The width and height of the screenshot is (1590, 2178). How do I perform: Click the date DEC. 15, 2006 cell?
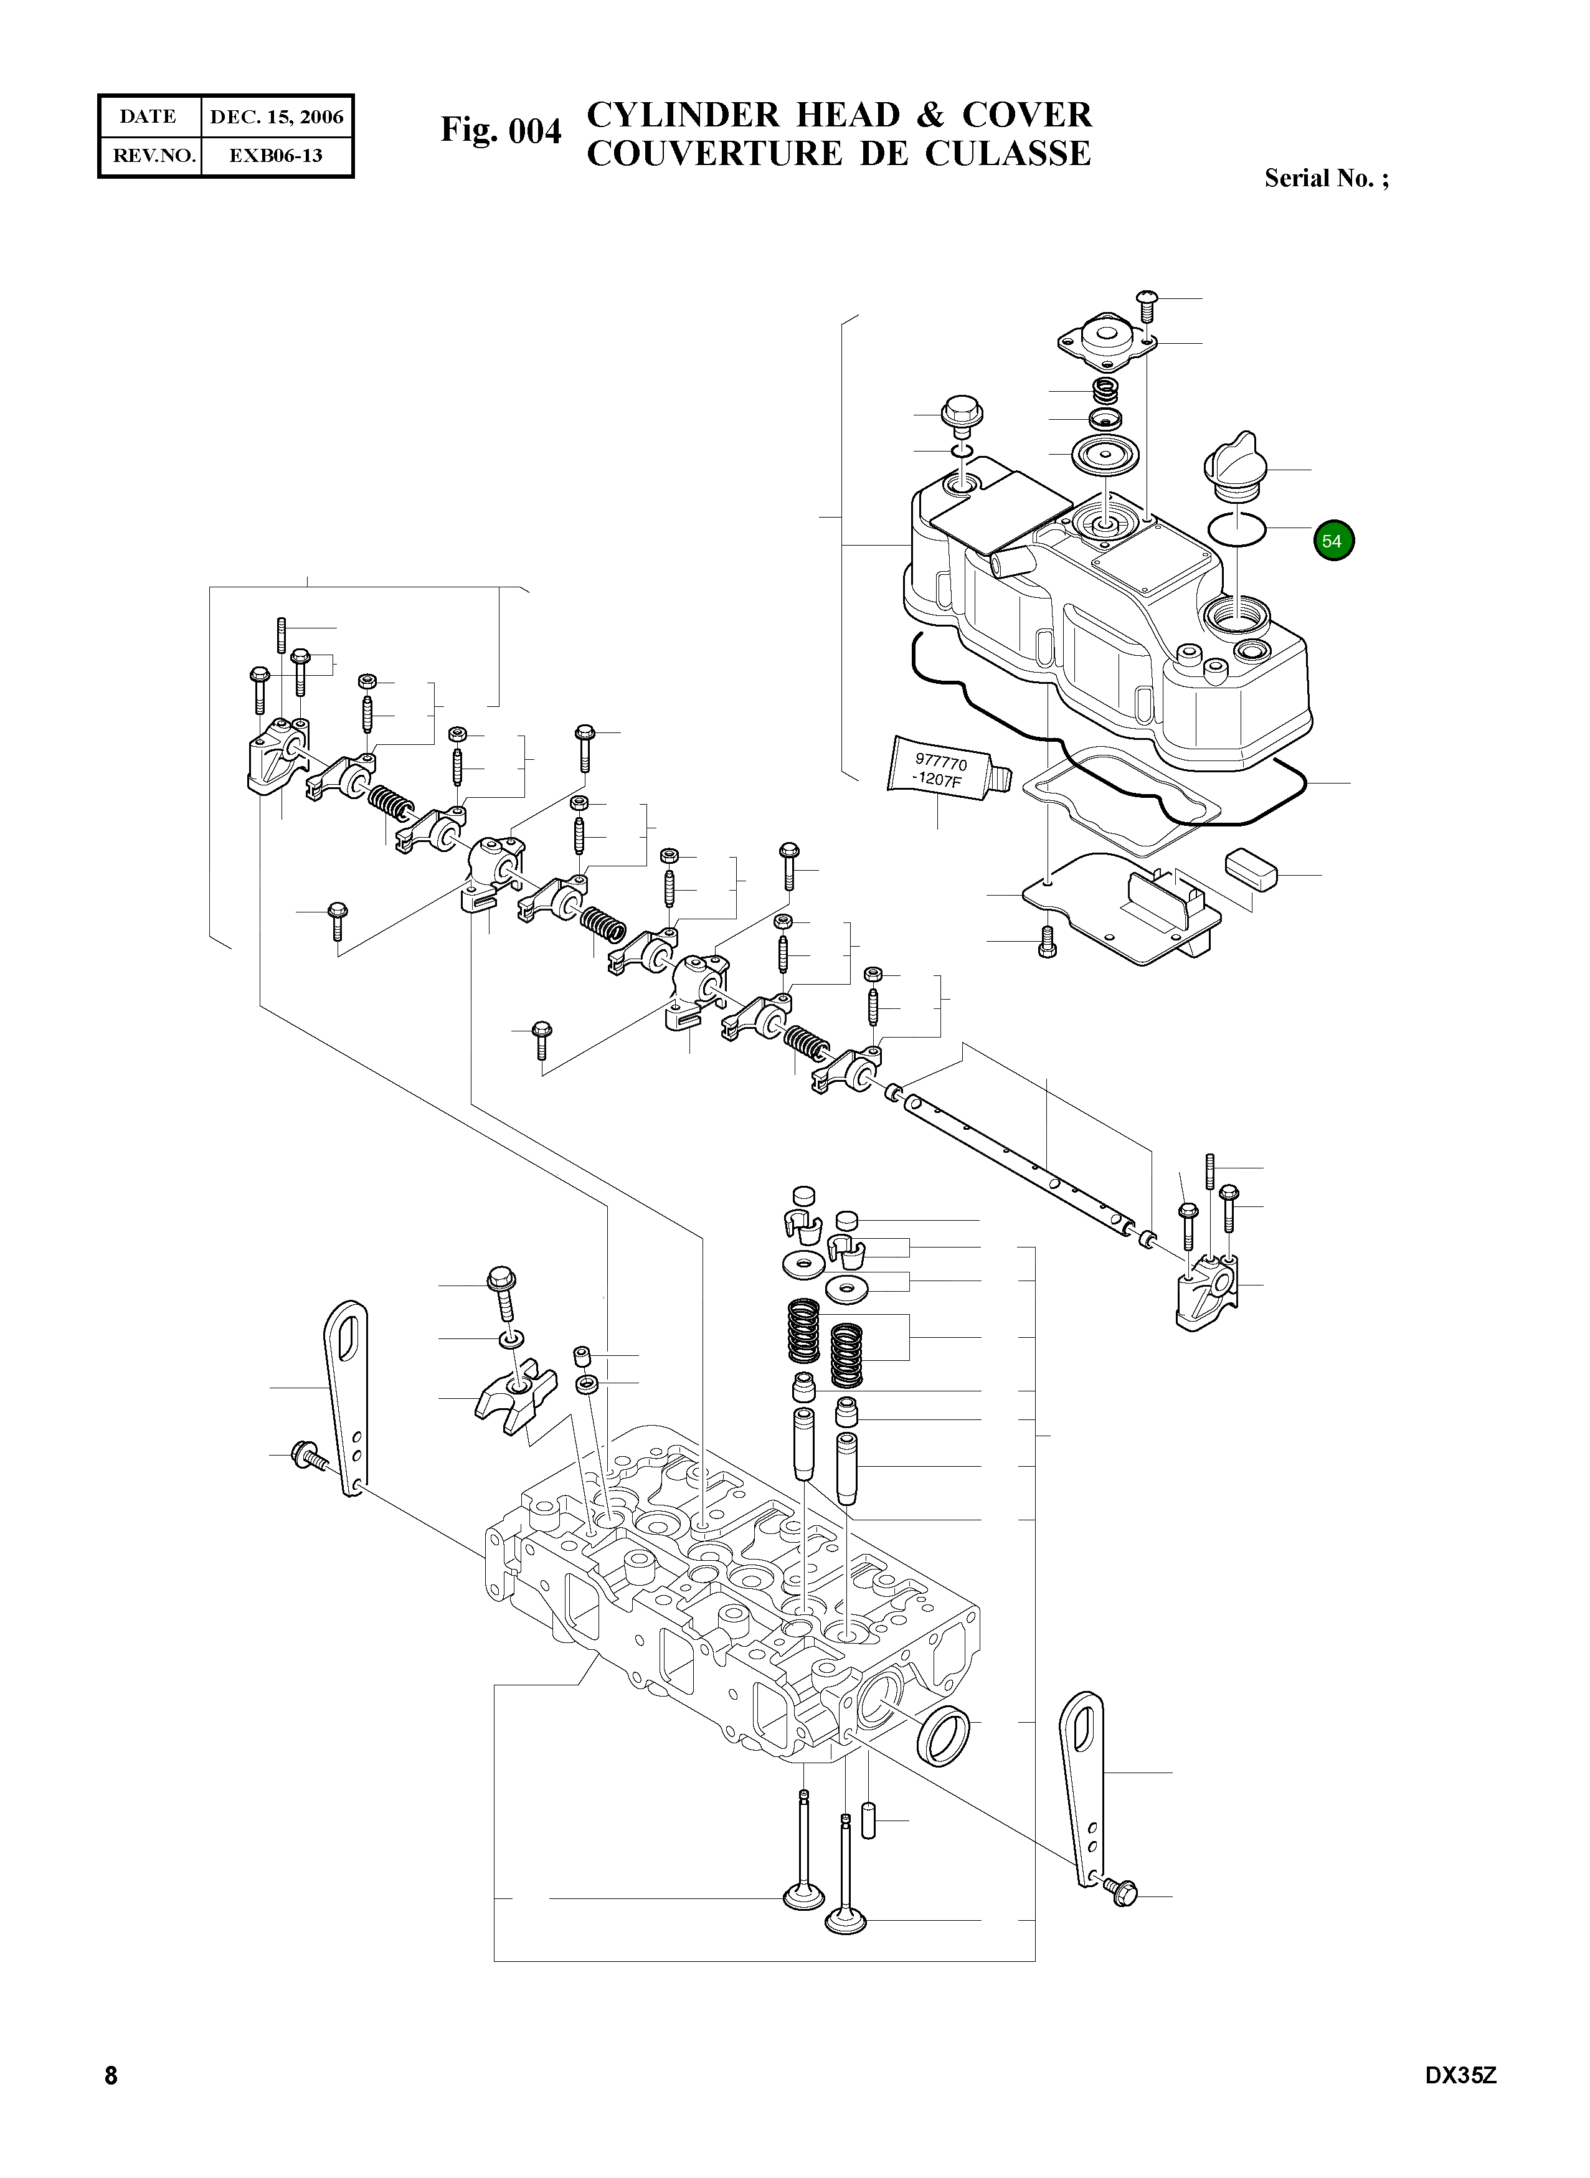[277, 116]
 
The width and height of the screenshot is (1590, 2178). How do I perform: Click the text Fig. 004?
[501, 130]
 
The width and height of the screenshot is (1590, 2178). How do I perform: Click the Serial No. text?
[1325, 178]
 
